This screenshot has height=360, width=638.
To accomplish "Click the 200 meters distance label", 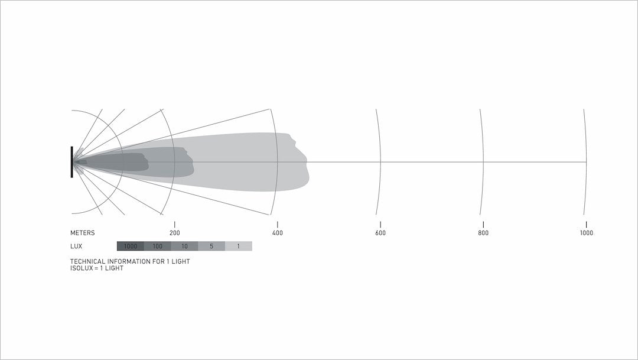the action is (174, 233).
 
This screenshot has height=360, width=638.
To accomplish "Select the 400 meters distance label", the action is (278, 233).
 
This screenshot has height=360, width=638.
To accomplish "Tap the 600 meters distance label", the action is (380, 233).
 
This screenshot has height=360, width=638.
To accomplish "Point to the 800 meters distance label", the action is (483, 233).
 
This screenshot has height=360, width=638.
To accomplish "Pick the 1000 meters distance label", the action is (587, 233).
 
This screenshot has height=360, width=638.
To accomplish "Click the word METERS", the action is (82, 233).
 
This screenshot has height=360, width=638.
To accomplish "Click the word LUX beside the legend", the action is (76, 247).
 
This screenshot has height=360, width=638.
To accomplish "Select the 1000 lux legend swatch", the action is (130, 246).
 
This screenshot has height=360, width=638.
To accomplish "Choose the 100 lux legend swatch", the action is (158, 246).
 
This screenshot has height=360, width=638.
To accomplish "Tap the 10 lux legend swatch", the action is (184, 246).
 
